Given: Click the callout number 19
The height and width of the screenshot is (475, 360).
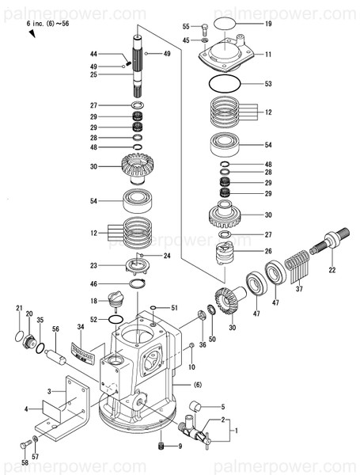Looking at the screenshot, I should click(268, 25).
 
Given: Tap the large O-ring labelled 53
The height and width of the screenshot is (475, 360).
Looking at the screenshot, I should click(226, 82).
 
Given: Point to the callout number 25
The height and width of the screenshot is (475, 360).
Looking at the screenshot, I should click(115, 74).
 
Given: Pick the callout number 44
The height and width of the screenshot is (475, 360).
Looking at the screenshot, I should click(115, 54).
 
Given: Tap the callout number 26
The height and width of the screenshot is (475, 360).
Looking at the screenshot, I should click(268, 251).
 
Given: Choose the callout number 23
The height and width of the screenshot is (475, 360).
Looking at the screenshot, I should click(116, 265).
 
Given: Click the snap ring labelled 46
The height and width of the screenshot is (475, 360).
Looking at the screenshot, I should click(137, 283).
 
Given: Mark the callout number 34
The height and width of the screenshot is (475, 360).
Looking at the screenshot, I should click(80, 325).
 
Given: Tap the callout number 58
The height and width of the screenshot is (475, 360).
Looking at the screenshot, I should click(25, 462).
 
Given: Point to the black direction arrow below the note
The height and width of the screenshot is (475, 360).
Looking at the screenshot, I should click(32, 36).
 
